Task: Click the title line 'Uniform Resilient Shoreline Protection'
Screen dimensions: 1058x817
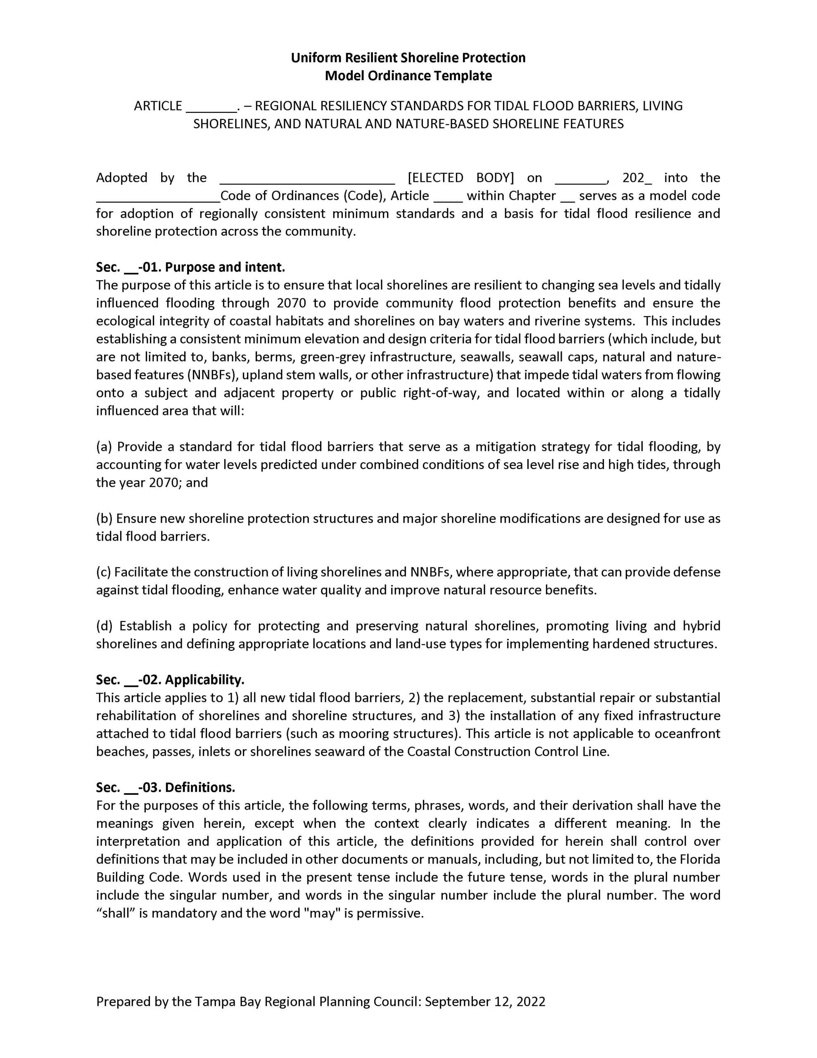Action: click(408, 57)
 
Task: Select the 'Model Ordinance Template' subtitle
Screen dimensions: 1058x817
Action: click(408, 76)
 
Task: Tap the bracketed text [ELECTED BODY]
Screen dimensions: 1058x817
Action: click(461, 178)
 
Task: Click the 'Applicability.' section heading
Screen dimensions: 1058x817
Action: click(204, 680)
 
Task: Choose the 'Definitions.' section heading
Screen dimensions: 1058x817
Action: click(200, 787)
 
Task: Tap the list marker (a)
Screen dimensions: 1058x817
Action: click(104, 446)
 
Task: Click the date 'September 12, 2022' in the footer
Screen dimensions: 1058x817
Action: click(485, 1002)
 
